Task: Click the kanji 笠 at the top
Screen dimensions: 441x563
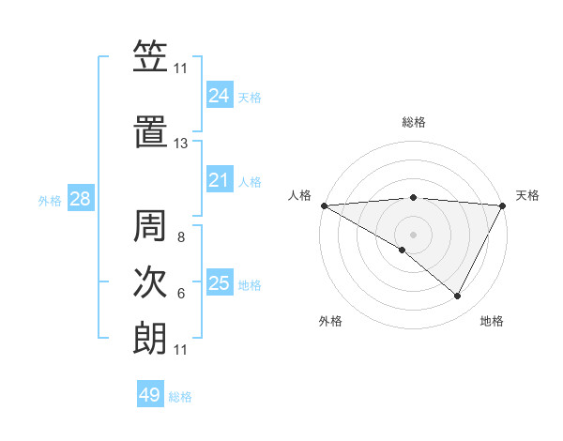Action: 150,56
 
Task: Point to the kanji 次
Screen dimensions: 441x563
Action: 150,282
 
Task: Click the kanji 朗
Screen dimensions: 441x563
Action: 150,339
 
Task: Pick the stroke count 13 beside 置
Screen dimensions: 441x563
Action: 180,144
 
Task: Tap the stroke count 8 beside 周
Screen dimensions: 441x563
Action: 180,237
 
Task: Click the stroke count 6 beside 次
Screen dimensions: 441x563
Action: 180,294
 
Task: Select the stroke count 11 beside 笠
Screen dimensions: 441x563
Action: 180,68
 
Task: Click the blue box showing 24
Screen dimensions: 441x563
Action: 219,96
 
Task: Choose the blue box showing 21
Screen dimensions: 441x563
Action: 219,180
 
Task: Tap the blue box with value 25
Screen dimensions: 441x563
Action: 219,283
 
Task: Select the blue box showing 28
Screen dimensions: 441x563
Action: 80,199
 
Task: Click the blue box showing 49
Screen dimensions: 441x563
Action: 149,395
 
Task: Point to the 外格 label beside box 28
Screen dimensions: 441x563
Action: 50,200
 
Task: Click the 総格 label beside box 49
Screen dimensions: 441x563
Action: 180,397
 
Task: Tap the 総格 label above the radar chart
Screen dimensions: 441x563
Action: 414,122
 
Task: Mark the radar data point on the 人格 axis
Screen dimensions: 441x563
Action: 324,205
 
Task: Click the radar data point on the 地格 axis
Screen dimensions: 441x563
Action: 458,296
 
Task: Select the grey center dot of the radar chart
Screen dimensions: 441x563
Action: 413,234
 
